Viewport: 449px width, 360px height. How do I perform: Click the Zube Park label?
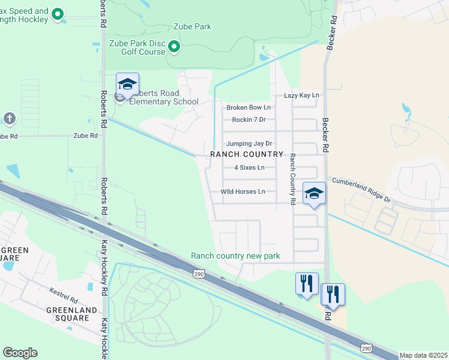coord(192,27)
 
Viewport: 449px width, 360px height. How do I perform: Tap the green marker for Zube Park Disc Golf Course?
coord(173,46)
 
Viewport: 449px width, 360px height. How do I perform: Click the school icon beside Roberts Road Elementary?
coord(127,85)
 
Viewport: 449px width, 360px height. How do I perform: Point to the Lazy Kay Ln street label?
coord(301,95)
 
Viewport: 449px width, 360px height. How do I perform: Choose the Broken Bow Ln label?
coord(249,107)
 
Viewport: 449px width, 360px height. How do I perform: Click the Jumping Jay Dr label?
coord(249,143)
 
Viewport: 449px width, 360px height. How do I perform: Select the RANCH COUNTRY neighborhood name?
coord(247,154)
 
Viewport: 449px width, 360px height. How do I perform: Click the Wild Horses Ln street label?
coord(243,191)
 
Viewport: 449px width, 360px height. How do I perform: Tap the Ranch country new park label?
coord(235,256)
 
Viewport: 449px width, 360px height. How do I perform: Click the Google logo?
coord(20,352)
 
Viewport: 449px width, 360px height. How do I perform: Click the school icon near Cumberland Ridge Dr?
coord(314,193)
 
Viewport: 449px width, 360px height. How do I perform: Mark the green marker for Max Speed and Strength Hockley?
coord(58,14)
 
